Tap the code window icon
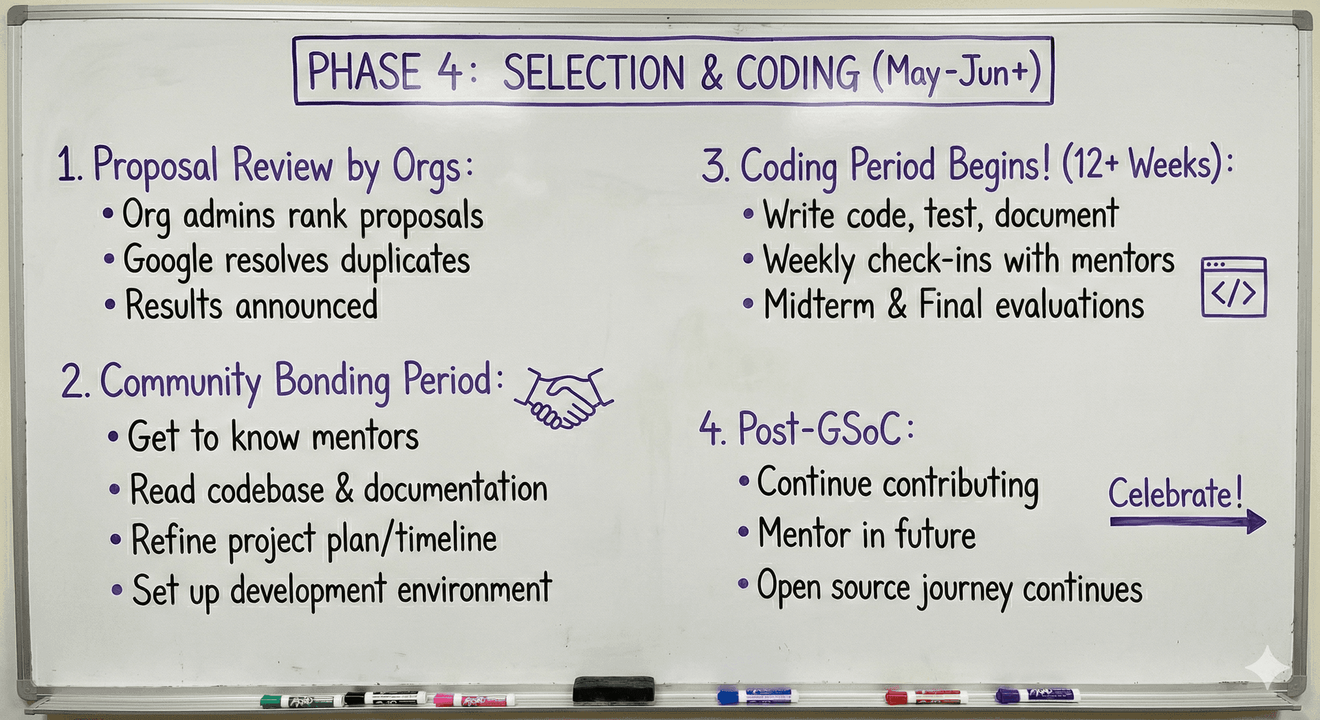click(x=1233, y=287)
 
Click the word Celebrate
click(x=1175, y=494)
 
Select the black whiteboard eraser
click(x=613, y=688)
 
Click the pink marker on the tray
click(x=474, y=700)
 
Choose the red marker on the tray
click(x=925, y=697)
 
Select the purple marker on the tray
click(x=1037, y=695)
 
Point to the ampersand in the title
click(x=712, y=73)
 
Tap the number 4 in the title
click(x=450, y=72)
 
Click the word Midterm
click(x=818, y=305)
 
